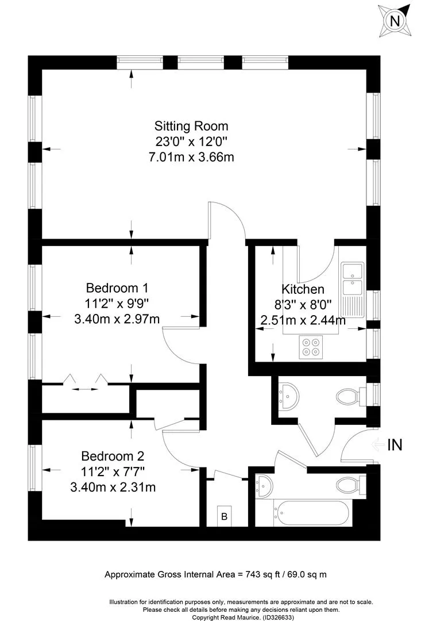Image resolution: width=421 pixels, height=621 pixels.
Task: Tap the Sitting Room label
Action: tap(191, 126)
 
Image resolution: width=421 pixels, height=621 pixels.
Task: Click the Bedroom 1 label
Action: tap(117, 287)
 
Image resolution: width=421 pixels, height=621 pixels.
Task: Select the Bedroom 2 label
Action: tap(113, 456)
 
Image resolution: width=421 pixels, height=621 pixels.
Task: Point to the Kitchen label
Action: tap(303, 289)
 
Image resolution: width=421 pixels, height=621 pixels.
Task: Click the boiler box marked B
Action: tap(225, 516)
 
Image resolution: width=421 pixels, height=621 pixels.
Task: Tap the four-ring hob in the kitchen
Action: tap(311, 347)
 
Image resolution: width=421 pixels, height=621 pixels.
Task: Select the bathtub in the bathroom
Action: tap(312, 513)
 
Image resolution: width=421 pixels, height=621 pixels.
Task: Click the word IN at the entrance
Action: tap(395, 444)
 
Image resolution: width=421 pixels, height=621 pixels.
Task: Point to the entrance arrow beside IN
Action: tap(378, 444)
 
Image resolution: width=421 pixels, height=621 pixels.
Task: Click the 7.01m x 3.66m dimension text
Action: tap(191, 157)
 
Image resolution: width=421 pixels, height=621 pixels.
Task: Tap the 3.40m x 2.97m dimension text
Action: tap(117, 319)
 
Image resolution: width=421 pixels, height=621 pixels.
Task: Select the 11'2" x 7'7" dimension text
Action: tap(113, 471)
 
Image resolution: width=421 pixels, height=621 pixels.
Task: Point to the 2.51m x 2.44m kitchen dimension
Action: tap(303, 320)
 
